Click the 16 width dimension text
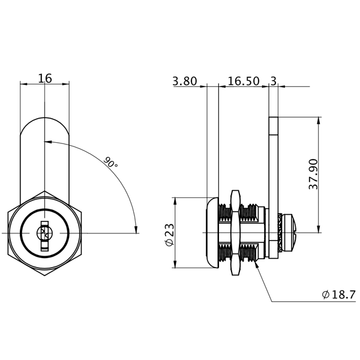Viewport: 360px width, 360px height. [x=45, y=78]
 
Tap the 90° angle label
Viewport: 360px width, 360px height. [x=110, y=163]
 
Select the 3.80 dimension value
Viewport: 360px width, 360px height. [x=185, y=81]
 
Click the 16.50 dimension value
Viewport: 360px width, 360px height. [x=243, y=81]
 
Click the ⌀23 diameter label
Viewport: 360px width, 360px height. [x=169, y=233]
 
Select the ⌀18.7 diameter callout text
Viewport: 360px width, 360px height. [x=339, y=295]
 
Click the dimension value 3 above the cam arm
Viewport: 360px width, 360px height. [x=274, y=81]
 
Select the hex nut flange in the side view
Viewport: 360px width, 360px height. [x=235, y=232]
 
